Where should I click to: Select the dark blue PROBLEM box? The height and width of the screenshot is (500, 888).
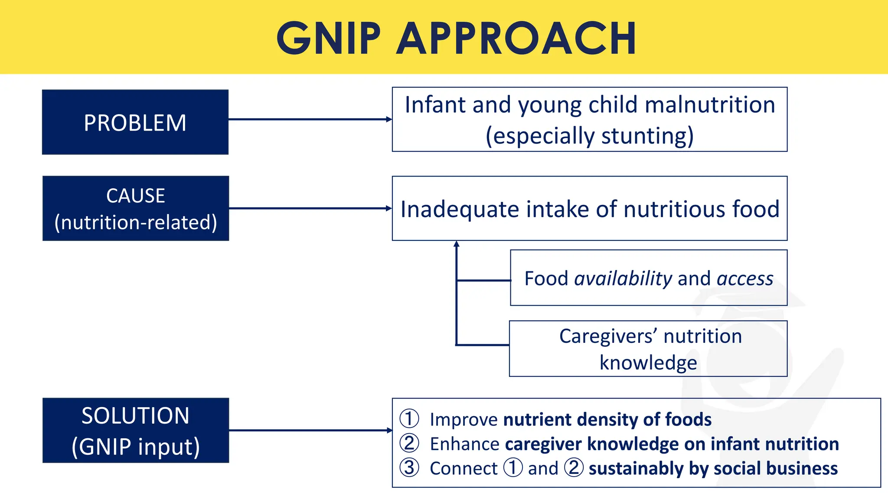tap(135, 122)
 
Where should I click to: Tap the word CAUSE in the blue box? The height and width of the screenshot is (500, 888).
tap(136, 196)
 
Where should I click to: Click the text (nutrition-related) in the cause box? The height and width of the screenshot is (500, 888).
tap(136, 222)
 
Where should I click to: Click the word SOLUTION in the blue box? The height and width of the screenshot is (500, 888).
tap(135, 416)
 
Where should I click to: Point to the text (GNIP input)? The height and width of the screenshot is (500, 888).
tap(136, 447)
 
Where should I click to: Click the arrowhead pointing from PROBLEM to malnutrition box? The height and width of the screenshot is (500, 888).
tap(389, 119)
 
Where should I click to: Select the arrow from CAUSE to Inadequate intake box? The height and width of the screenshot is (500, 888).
tap(310, 208)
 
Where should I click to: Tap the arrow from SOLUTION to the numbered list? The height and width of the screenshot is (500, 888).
tap(310, 430)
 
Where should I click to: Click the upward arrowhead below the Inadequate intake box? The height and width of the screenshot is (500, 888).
tap(456, 244)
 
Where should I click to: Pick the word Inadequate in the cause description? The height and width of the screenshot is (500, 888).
tap(459, 209)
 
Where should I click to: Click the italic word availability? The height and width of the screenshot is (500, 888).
tap(623, 279)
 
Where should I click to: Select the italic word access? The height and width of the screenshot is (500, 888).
tap(745, 279)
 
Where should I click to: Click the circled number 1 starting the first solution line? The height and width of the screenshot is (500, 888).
tap(409, 419)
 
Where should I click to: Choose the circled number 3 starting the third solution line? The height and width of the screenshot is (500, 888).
tap(409, 468)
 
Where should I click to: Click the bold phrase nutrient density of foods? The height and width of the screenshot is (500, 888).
tap(607, 420)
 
